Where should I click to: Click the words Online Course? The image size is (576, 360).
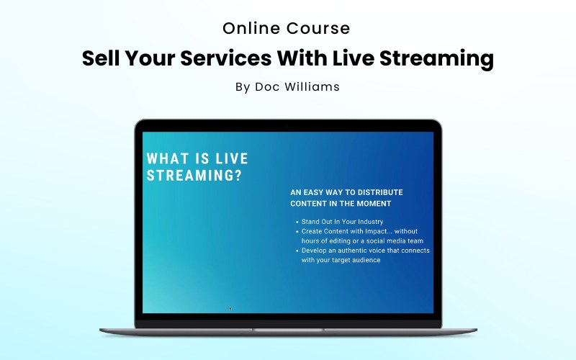pos(287,29)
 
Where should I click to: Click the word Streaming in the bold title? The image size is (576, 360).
pos(439,58)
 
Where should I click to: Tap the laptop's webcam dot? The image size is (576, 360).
pos(287,126)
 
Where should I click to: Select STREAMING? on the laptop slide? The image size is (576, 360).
pos(194,176)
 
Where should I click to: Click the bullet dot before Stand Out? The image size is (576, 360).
pos(297,222)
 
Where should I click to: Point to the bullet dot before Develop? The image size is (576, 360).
pos(297,251)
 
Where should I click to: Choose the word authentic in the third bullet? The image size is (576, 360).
pos(356,251)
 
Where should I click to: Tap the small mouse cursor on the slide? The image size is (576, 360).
pos(230,308)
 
